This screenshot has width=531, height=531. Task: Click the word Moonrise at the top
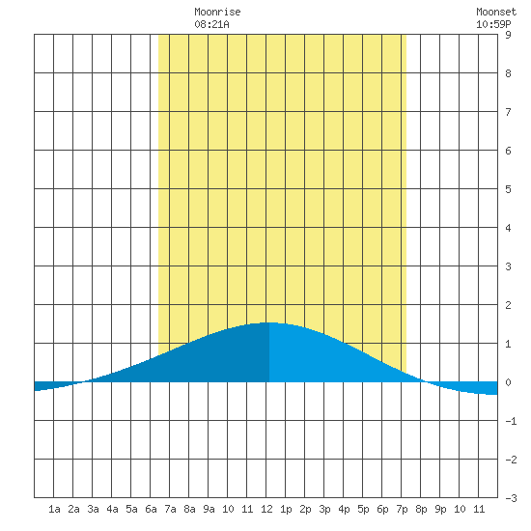click(217, 13)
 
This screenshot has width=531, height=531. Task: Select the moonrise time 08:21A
click(211, 24)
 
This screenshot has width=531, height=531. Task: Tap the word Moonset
click(496, 13)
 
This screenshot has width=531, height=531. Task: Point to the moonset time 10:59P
click(493, 24)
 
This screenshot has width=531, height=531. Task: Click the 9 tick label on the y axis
click(508, 35)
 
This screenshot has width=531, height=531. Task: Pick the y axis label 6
click(508, 151)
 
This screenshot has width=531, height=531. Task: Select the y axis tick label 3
click(508, 266)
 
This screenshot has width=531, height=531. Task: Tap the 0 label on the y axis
click(508, 382)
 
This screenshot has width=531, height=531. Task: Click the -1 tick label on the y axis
click(511, 421)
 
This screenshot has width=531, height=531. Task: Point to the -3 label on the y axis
click(511, 498)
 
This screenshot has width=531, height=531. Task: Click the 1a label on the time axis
click(54, 509)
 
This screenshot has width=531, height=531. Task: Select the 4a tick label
click(112, 509)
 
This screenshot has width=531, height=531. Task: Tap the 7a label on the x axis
click(170, 509)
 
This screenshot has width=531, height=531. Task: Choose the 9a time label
click(209, 509)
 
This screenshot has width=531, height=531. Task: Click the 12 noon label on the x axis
click(266, 509)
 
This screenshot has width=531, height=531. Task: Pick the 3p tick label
click(324, 509)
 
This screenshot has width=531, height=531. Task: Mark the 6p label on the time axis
click(382, 509)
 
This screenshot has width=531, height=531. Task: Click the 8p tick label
click(421, 509)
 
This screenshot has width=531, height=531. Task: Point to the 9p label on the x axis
click(440, 509)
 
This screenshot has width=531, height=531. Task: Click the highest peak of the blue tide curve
click(269, 322)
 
